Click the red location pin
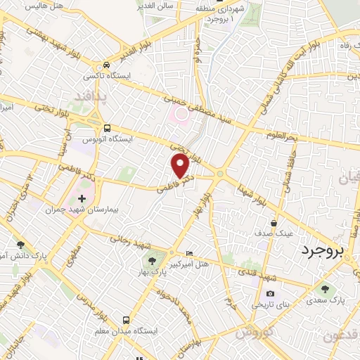pyautogui.click(x=180, y=165)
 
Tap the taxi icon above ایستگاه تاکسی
pyautogui.click(x=106, y=63)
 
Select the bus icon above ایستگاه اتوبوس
pyautogui.click(x=108, y=128)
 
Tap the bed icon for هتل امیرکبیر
pyautogui.click(x=188, y=253)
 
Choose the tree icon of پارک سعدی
pyautogui.click(x=324, y=288)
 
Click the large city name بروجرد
pyautogui.click(x=329, y=251)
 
